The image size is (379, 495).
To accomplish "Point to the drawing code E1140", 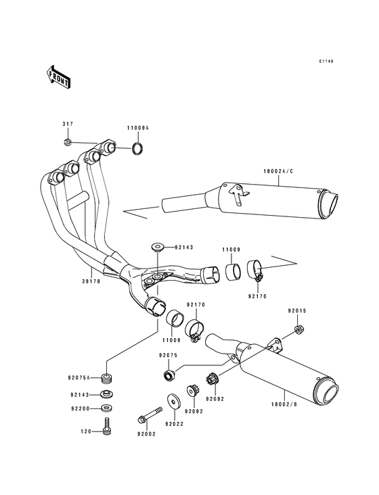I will tap(327, 62).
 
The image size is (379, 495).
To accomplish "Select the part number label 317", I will tap(68, 124).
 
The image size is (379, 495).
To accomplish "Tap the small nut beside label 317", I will tap(68, 142).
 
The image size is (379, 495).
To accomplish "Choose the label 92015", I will tap(296, 311).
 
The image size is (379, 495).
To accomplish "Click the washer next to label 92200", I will tap(106, 408).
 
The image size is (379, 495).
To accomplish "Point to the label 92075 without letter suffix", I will tap(168, 355).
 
